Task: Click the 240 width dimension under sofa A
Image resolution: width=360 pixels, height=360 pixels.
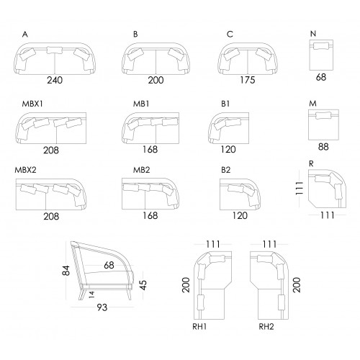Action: pos(55,80)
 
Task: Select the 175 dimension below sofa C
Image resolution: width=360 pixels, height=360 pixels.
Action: pos(248,80)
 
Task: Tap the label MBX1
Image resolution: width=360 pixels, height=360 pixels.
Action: pos(32,104)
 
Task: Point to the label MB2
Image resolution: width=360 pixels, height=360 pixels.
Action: pos(142,170)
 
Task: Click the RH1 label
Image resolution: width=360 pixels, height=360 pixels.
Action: pos(199,327)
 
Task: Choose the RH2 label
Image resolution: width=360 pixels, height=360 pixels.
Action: pos(266,327)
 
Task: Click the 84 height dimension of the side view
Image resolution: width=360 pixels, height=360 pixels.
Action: pos(66,271)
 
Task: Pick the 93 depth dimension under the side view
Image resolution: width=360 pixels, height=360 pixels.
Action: pos(102,307)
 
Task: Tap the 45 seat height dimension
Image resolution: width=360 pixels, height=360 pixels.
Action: pos(143,285)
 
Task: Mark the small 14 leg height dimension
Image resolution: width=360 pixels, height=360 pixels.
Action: pos(91,294)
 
